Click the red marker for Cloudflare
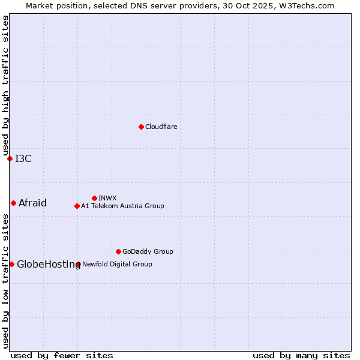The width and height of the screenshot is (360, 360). [x=141, y=127]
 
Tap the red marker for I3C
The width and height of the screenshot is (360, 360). [x=10, y=158]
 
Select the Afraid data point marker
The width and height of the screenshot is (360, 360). [x=13, y=203]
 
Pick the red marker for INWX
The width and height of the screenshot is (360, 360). [x=94, y=198]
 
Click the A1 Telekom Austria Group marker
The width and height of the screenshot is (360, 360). [x=77, y=206]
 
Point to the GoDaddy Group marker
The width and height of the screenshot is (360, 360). [x=118, y=251]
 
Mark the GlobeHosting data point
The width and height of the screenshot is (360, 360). [x=11, y=264]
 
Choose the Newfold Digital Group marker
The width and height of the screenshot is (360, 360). [x=78, y=264]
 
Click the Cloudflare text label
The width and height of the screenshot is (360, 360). [x=161, y=127]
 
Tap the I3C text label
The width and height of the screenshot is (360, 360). [x=23, y=158]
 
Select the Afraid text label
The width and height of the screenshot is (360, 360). [x=32, y=203]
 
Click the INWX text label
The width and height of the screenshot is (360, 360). [x=107, y=198]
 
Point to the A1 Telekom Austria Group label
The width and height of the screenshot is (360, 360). [x=122, y=206]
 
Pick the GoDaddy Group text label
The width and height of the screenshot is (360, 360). [x=148, y=251]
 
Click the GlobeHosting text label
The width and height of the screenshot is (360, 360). [x=49, y=264]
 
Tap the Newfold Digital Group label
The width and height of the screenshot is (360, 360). [x=117, y=264]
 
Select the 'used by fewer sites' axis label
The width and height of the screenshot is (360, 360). [x=62, y=355]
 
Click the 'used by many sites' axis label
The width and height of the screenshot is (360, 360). [x=301, y=355]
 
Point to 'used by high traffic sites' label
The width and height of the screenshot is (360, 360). [x=5, y=85]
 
